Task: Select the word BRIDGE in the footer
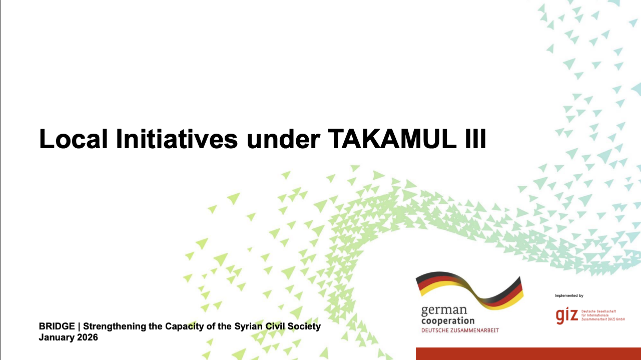pos(57,326)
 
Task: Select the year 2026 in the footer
pos(88,337)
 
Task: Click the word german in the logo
pos(444,310)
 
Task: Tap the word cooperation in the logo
pos(448,320)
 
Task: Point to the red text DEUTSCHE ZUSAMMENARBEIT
pos(460,330)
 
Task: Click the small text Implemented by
pos(569,296)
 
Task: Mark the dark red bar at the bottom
pos(528,353)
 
